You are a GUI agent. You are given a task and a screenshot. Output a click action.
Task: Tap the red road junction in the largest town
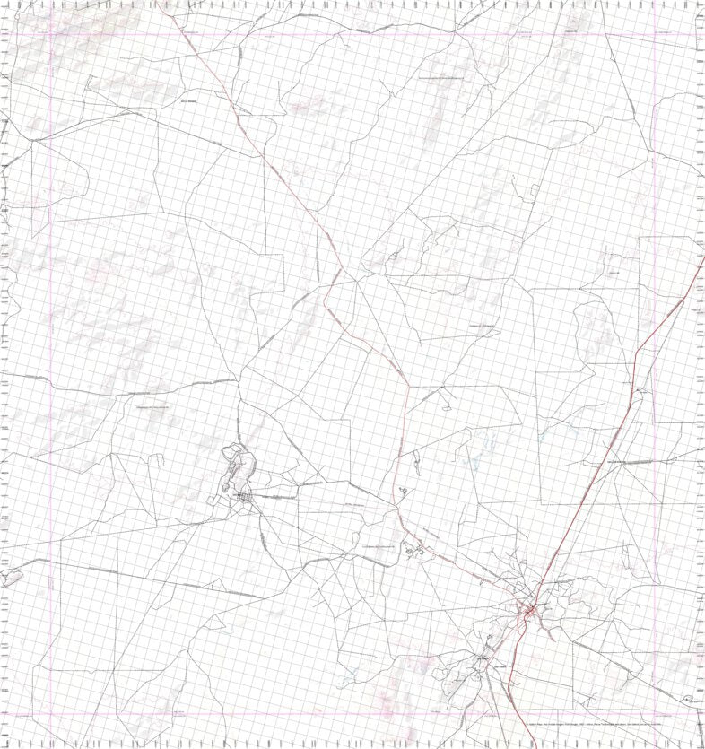[x=530, y=612]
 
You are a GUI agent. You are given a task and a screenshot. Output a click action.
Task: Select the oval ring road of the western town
[x=240, y=466]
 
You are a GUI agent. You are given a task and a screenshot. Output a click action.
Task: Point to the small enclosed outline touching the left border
[x=9, y=577]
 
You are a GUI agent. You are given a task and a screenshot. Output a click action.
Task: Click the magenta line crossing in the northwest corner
[x=50, y=35]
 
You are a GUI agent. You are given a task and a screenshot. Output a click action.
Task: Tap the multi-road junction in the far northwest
[x=33, y=142]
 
